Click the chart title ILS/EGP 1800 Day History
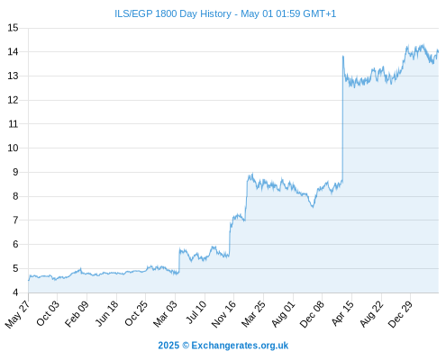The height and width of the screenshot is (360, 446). click(173, 13)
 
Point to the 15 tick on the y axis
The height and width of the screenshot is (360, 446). click(13, 28)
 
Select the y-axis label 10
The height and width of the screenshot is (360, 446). click(13, 148)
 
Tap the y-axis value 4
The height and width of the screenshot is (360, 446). click(15, 292)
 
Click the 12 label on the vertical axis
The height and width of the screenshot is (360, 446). click(13, 100)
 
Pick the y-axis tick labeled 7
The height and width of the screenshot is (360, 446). click(15, 220)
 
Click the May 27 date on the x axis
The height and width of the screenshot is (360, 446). click(17, 314)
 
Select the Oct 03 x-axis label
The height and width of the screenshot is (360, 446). click(48, 313)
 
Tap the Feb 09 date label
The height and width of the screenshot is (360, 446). click(77, 313)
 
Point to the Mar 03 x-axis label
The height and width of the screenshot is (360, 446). click(165, 314)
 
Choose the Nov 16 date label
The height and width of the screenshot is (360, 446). click(223, 314)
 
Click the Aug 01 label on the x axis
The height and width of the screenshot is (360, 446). click(283, 314)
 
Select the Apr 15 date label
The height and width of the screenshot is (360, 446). click(342, 313)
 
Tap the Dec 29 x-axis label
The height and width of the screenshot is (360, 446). click(400, 314)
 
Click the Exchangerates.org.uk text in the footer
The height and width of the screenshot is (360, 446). click(240, 346)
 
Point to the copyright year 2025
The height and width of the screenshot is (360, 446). click(168, 346)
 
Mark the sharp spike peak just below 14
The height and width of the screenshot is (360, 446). click(343, 56)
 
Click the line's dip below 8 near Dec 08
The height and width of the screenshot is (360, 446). click(313, 207)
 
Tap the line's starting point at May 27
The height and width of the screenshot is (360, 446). click(29, 281)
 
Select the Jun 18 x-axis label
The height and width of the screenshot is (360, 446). click(106, 313)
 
